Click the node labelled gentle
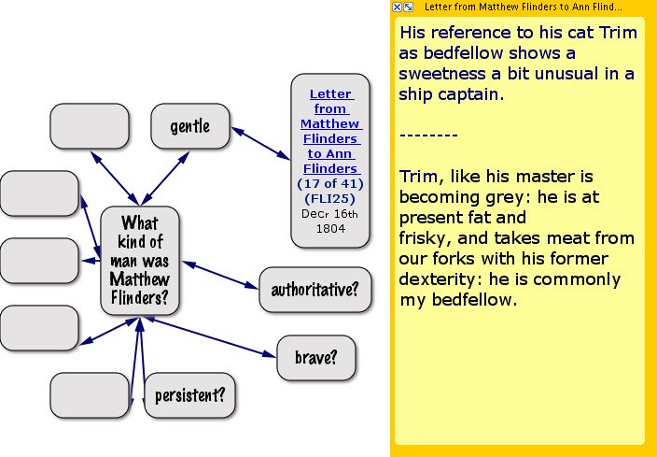pos(190,126)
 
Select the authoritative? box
pos(315,290)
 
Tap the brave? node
pos(316,358)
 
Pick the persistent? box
pos(189,395)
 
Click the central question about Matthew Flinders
pos(140,260)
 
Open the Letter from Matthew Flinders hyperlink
pos(330,131)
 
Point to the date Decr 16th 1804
pos(330,221)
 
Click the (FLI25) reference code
pos(330,198)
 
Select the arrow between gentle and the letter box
pos(260,144)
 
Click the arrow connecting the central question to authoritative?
pos(220,275)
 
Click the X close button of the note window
pos(397,7)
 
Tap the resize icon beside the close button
pos(408,7)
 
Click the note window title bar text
pos(523,7)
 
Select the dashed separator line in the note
pos(427,136)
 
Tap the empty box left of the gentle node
pos(90,126)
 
